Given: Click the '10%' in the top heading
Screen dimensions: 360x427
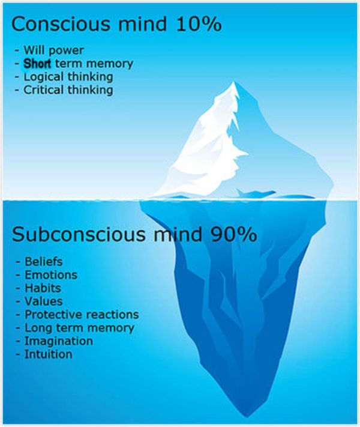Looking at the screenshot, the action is click(199, 23).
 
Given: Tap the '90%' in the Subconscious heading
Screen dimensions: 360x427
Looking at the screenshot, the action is click(234, 234).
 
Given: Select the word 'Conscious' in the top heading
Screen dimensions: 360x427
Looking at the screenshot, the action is click(61, 23).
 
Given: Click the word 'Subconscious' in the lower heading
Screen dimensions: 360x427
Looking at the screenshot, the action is click(79, 234).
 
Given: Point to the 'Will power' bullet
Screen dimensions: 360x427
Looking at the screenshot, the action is click(53, 50).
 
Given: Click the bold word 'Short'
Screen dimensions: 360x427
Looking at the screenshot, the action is click(37, 64).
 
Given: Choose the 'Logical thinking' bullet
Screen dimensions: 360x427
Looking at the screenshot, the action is click(68, 77).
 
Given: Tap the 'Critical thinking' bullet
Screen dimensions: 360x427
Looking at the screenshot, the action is click(68, 90).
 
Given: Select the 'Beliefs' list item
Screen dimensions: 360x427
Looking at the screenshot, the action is click(44, 261).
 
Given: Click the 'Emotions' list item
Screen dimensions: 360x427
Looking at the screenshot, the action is click(51, 275).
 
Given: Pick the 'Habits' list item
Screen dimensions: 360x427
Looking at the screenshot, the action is click(43, 288).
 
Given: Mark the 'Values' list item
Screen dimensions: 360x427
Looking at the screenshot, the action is click(44, 301).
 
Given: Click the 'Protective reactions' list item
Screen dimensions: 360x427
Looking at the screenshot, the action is click(82, 315).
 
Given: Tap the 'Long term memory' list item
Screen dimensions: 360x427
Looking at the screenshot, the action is click(79, 328).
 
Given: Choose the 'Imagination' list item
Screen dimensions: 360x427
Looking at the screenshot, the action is click(59, 341).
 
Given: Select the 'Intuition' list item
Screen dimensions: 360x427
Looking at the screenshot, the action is click(49, 354).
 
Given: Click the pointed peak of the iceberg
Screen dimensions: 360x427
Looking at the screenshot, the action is click(233, 82).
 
